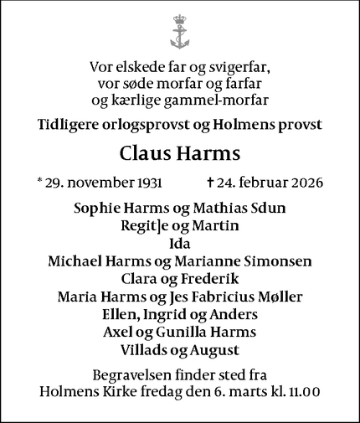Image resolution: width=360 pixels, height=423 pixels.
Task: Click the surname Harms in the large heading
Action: [208, 154]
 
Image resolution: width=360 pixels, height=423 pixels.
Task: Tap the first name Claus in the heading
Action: [145, 154]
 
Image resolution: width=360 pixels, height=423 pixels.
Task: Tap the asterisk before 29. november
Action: [40, 181]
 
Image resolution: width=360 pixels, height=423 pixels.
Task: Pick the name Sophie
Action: [97, 209]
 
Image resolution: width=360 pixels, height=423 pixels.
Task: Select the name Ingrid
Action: [176, 315]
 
